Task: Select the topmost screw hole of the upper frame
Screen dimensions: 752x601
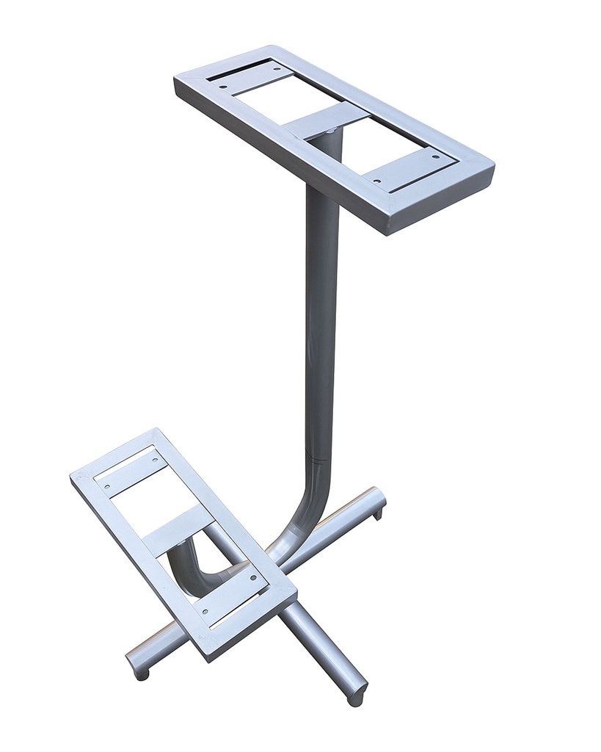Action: tap(277, 69)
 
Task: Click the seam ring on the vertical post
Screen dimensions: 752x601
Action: tap(321, 459)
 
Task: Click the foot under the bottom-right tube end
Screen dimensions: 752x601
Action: tap(356, 700)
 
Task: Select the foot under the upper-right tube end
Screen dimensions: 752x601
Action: tap(378, 514)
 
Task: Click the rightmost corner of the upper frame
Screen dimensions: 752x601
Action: tap(492, 165)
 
